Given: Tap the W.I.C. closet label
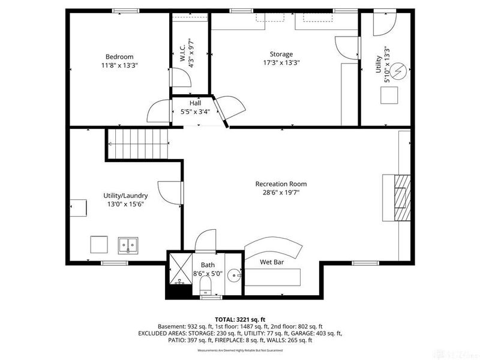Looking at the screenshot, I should point(182,51).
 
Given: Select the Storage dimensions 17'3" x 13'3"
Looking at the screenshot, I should point(281,62).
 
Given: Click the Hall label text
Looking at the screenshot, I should point(195,103).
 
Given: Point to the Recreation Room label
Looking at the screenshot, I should point(281,184).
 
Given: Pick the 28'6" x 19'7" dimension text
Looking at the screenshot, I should point(281,193).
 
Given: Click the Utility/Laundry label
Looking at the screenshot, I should point(125,196).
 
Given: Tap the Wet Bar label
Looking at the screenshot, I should point(272,262).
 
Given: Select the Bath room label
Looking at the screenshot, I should point(208,265).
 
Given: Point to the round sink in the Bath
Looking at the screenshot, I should point(235,275).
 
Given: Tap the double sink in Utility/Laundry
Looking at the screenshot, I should point(128,245).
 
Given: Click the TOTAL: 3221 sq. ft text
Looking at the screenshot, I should point(239,319).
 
